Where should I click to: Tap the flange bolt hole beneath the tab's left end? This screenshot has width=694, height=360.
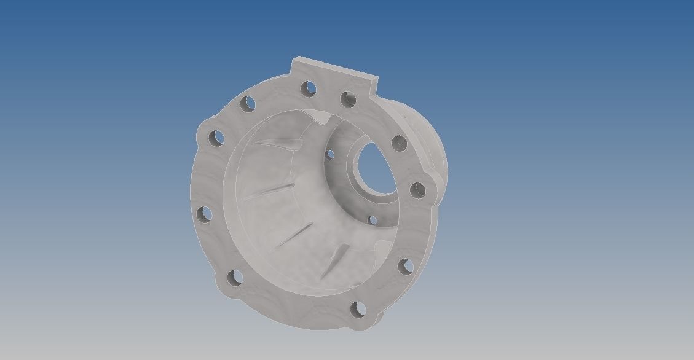tap(309, 88)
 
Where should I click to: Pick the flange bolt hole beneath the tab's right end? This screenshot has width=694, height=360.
tap(349, 99)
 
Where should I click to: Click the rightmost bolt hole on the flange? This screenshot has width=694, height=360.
tap(417, 190)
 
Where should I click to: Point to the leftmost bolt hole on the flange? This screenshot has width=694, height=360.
tap(205, 214)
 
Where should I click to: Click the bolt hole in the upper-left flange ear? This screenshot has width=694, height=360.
tap(216, 139)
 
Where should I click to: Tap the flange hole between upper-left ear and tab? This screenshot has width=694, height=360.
tap(248, 104)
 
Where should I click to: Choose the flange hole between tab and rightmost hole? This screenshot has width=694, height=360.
tap(400, 144)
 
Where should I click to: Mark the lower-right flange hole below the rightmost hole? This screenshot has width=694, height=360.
tap(404, 267)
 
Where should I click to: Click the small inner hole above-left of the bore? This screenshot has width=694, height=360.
tap(329, 154)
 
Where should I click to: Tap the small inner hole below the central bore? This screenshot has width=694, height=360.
tap(371, 220)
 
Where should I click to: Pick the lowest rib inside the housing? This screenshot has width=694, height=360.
tap(335, 259)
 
